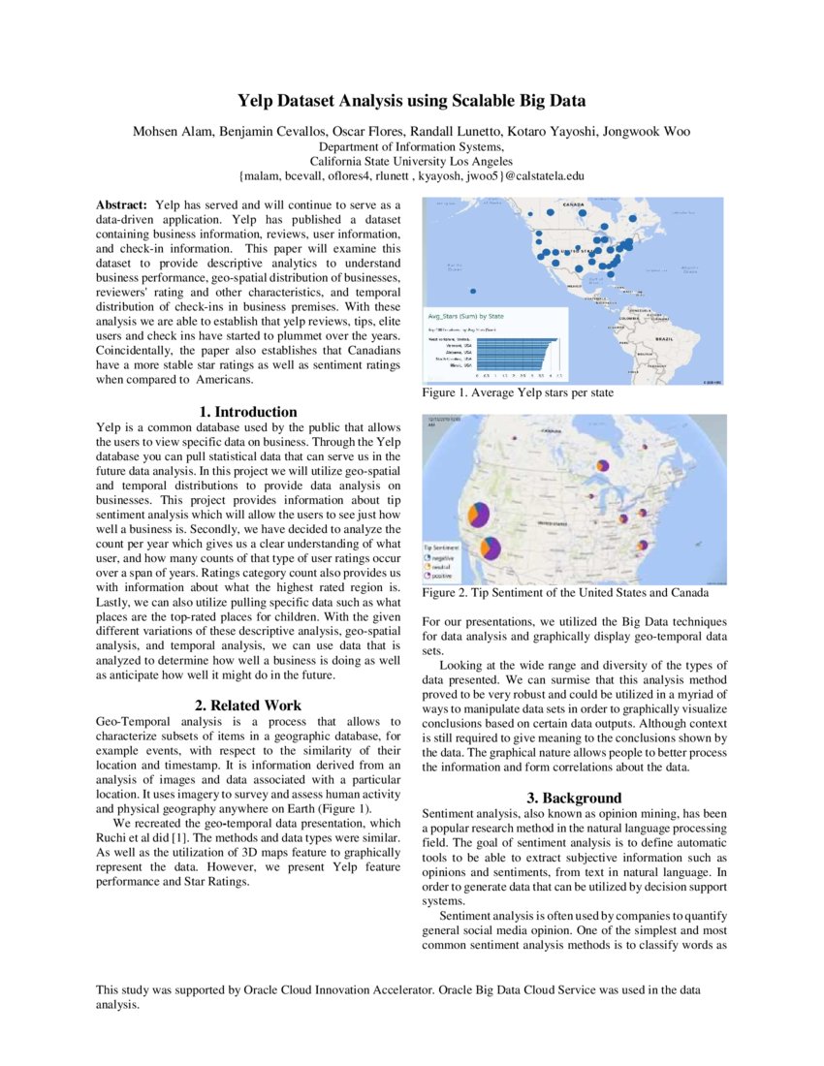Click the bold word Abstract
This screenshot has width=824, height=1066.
(121, 205)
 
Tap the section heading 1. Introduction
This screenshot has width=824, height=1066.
(249, 412)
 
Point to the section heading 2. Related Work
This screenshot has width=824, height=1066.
(249, 705)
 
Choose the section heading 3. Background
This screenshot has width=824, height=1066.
(575, 798)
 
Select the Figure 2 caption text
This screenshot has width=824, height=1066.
(565, 592)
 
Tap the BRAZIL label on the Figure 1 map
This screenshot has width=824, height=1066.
(665, 339)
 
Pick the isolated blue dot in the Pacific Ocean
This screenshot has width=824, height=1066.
(472, 291)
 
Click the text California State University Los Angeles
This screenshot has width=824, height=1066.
(411, 161)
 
